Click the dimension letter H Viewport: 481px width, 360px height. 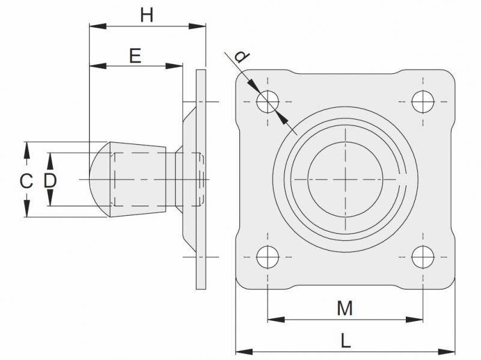click(147, 14)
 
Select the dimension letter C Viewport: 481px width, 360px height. click(25, 180)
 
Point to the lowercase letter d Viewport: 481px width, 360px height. click(241, 57)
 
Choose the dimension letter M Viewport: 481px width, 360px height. click(345, 308)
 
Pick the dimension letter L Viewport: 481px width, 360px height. click(345, 341)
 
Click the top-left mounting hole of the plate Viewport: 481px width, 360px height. click(268, 101)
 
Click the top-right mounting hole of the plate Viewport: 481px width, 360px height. click(423, 101)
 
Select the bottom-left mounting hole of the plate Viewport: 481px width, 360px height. click(268, 258)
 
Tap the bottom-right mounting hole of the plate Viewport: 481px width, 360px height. click(423, 258)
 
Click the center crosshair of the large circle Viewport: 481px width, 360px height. click(345, 179)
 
